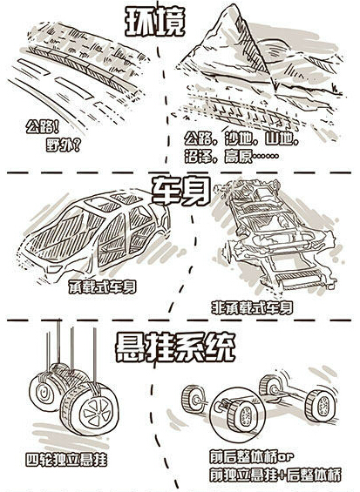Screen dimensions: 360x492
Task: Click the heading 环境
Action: pos(154,21)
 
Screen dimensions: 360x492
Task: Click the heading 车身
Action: pos(181,191)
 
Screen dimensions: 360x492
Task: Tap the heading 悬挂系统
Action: pos(175,348)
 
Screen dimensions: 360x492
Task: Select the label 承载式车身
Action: pos(103,287)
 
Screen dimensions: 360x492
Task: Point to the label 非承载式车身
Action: pos(252,307)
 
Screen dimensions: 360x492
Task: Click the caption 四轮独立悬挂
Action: pos(66,460)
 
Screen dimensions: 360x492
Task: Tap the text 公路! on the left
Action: pos(43,127)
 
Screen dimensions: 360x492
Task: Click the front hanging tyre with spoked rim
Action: pos(90,408)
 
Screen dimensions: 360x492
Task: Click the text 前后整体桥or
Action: pos(252,457)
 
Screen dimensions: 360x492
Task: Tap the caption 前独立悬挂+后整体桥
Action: pos(275,475)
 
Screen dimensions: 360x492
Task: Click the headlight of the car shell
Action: pos(54,269)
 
